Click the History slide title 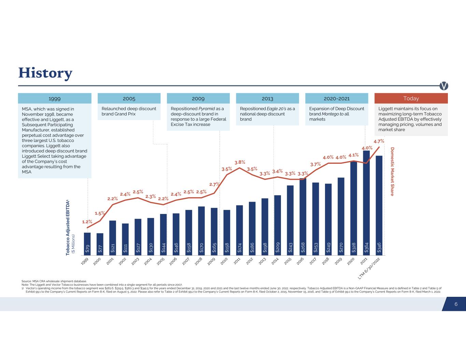[45, 73]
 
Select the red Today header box [411, 98]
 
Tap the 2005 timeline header [129, 98]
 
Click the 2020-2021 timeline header [336, 98]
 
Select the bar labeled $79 [87, 244]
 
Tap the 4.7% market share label [379, 141]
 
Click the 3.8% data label [240, 162]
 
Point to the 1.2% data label [87, 222]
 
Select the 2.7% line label [214, 184]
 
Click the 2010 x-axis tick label [224, 261]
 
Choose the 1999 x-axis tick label [85, 261]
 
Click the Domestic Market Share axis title [392, 171]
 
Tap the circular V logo [443, 86]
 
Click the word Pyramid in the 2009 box [207, 109]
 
